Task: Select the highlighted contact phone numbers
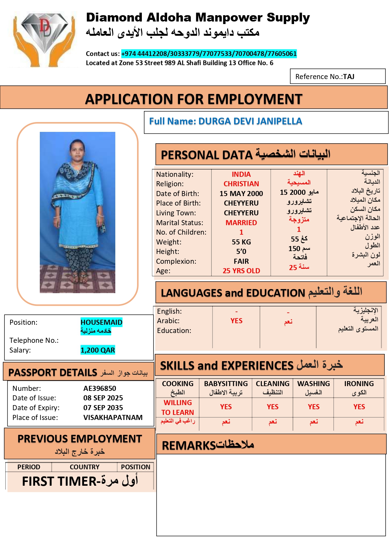(209, 54)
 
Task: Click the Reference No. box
(337, 77)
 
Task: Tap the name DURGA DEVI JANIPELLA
(250, 121)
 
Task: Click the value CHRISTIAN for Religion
(241, 184)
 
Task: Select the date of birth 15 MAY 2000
(241, 194)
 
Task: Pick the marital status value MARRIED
(241, 223)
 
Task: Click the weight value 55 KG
(241, 242)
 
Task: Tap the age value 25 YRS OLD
(241, 271)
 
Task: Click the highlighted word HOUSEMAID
(101, 322)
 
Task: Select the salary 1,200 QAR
(98, 350)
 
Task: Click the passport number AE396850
(100, 388)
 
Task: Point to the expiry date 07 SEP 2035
(103, 408)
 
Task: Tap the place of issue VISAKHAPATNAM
(113, 417)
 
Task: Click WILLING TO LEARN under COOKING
(178, 408)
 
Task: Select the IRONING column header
(359, 384)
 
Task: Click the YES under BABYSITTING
(226, 407)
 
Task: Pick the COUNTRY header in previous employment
(84, 467)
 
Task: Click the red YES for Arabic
(236, 321)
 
